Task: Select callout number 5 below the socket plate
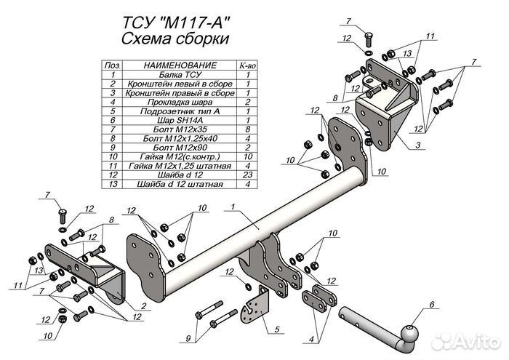(x=276, y=330)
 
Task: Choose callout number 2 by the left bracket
(x=145, y=305)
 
